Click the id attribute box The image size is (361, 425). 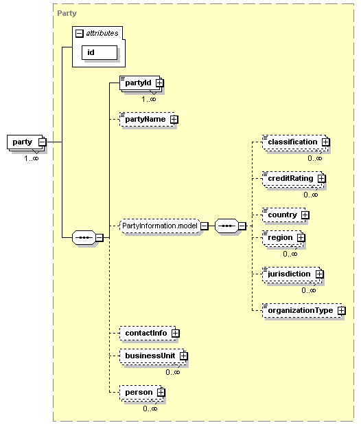click(100, 52)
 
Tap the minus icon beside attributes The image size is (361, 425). click(79, 33)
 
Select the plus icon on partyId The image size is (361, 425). click(159, 83)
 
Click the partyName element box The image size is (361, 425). click(149, 119)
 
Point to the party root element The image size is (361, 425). click(27, 142)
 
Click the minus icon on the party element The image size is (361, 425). click(43, 142)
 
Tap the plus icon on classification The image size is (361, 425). click(325, 142)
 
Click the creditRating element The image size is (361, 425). click(294, 179)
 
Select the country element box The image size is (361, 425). click(286, 215)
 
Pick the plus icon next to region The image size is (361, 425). click(301, 238)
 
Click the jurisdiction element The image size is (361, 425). click(292, 274)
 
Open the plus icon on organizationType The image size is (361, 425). click(342, 311)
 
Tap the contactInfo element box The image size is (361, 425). click(150, 333)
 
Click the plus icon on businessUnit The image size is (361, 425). click(184, 356)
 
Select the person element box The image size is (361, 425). click(142, 393)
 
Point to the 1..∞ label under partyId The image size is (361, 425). click(149, 100)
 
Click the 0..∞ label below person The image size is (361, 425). click(150, 408)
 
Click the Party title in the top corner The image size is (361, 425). click(67, 13)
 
